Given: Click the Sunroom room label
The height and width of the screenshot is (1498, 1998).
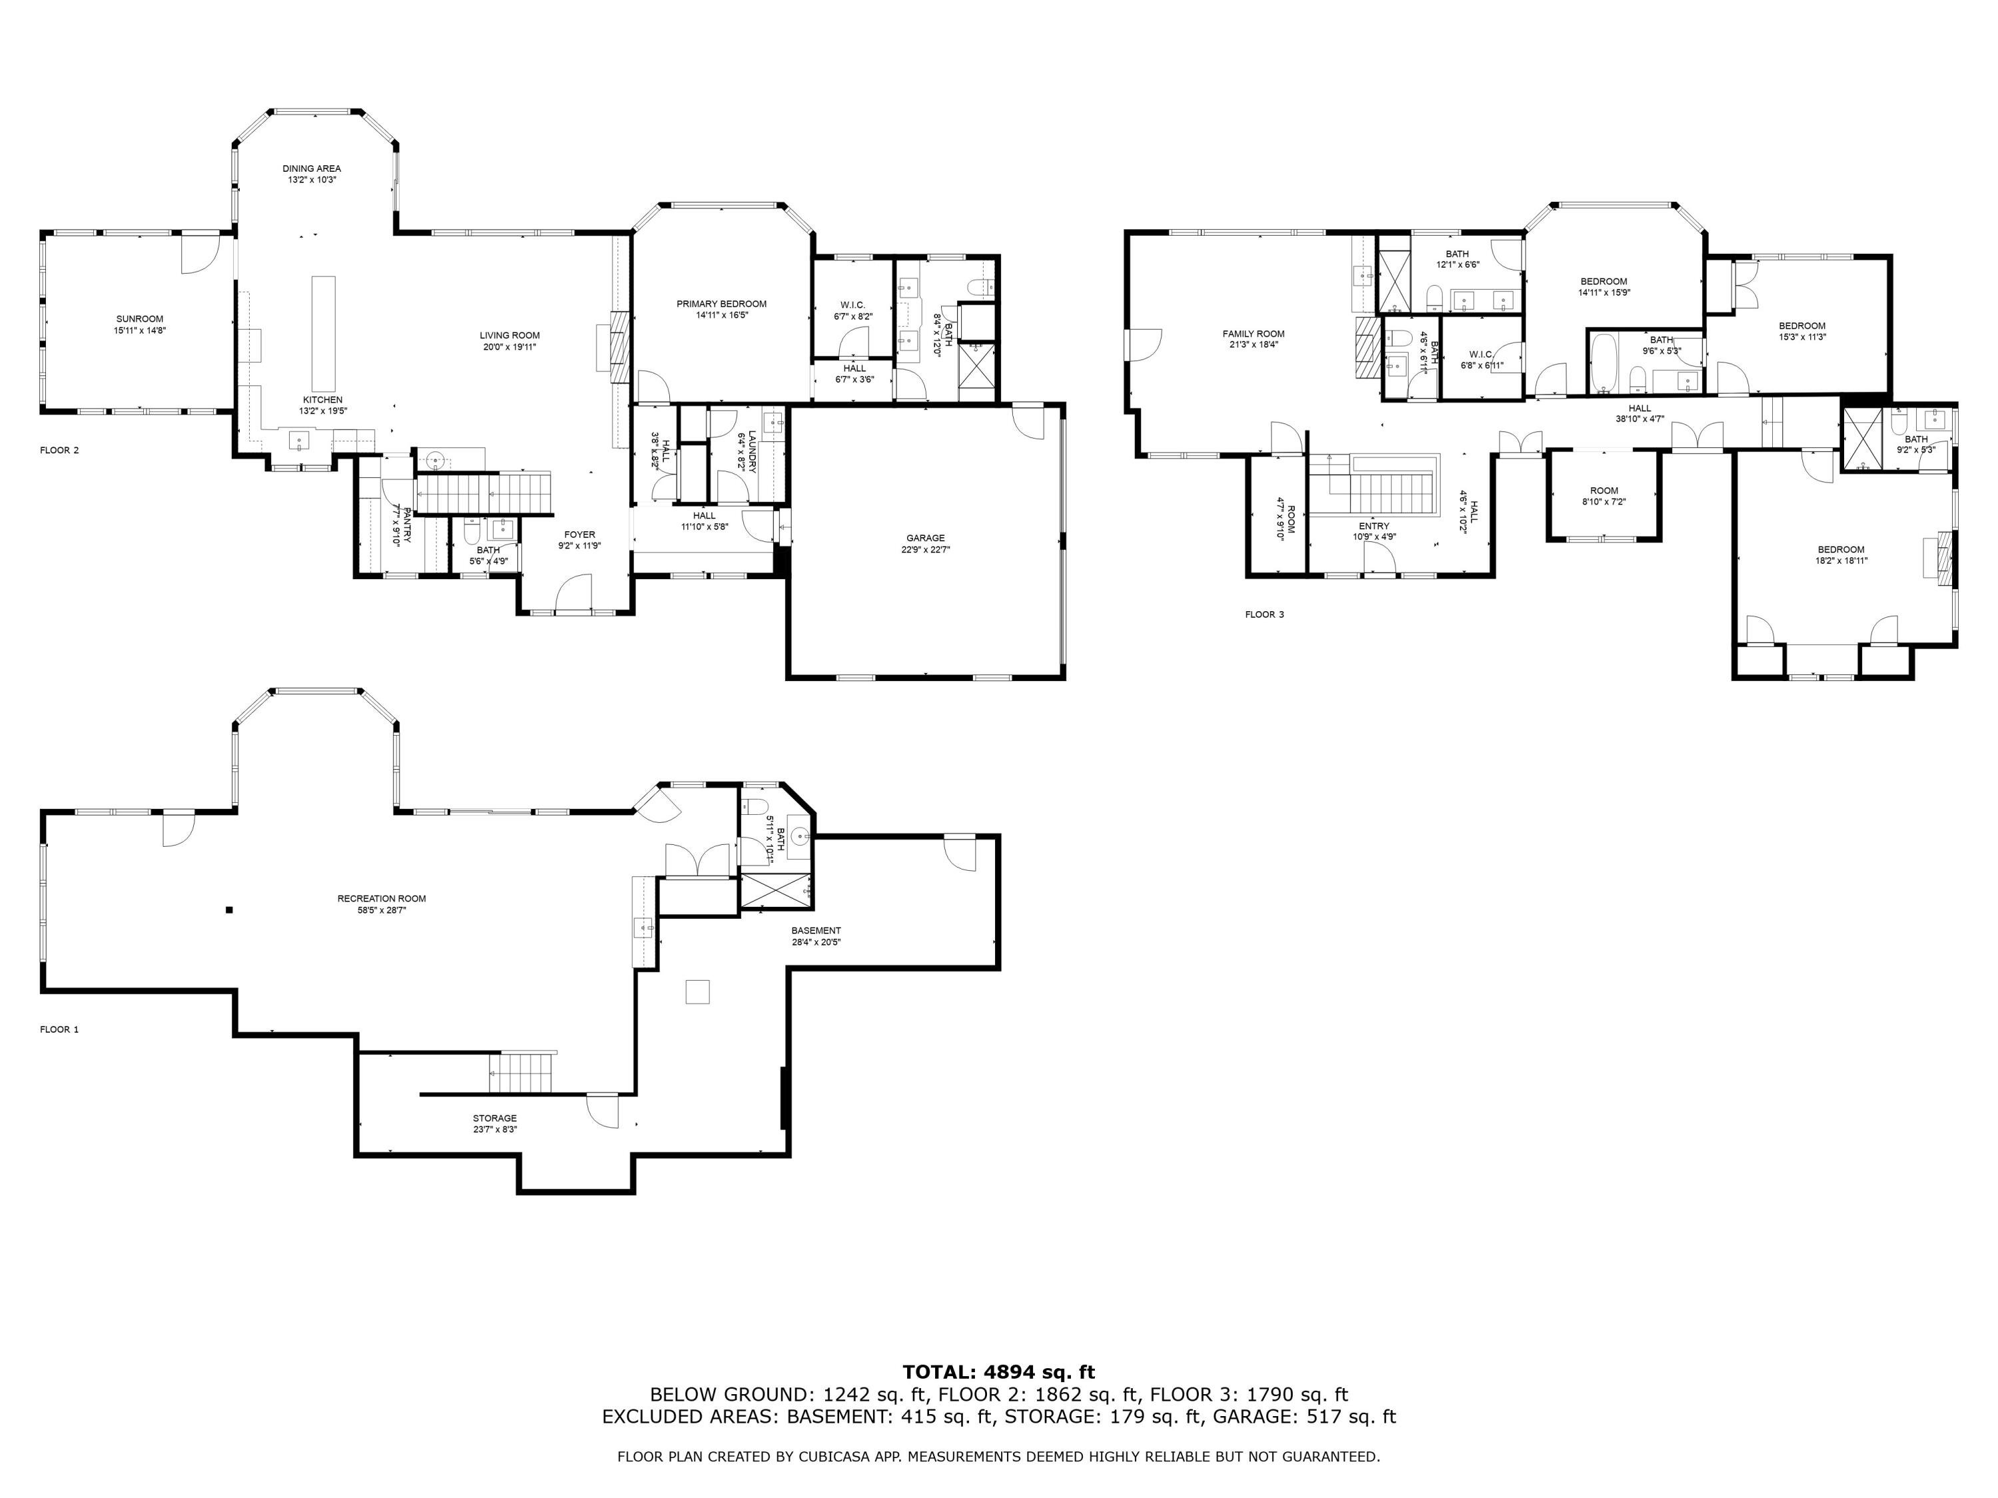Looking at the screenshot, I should coord(140,319).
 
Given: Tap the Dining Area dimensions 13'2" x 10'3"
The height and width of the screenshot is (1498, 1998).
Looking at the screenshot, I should coord(312,180).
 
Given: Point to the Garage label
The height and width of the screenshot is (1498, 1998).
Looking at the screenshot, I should coord(925,538).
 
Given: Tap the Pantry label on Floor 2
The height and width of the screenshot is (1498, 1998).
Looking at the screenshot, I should coord(406,525).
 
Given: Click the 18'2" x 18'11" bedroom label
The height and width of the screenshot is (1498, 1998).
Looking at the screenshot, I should coord(1841,550).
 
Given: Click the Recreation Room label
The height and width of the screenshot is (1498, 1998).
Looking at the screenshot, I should coord(381,898).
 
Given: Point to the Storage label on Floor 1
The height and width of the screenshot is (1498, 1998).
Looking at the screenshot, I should coord(494,1119).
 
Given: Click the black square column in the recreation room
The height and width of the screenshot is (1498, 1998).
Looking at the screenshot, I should coord(229,910).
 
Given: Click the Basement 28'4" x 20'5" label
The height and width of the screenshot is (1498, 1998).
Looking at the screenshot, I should coord(816,931).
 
